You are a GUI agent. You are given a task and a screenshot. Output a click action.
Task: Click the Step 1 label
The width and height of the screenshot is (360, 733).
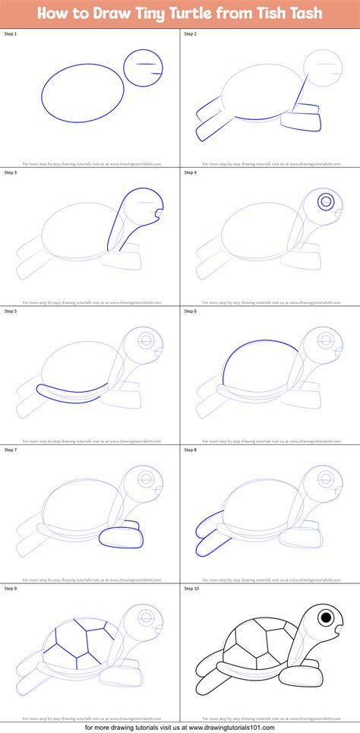coord(11,35)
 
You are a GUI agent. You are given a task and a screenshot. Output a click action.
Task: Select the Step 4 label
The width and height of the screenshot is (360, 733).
coord(191,173)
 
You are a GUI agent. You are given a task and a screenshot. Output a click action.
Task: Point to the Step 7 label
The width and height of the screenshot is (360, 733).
coord(11,449)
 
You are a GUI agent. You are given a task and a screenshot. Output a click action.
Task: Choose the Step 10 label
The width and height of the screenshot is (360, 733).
coord(192,587)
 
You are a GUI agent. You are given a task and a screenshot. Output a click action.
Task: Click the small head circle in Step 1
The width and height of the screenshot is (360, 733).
coord(143,68)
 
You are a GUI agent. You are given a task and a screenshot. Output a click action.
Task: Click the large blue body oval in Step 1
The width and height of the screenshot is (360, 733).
coord(82,93)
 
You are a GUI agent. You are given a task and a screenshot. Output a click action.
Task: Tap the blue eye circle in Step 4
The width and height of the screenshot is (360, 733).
coord(326,201)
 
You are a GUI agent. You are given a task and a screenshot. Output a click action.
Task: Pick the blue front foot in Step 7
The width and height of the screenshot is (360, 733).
coord(122,536)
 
